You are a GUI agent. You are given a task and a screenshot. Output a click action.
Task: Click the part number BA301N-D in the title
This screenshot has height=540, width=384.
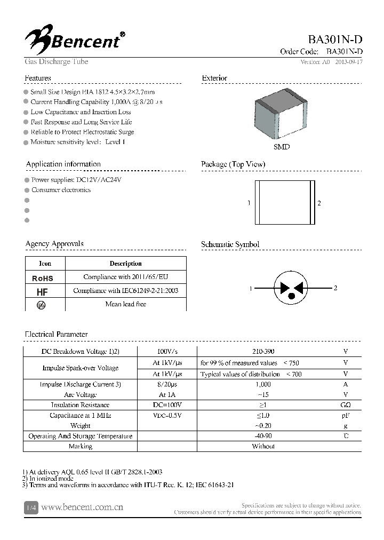click(x=335, y=40)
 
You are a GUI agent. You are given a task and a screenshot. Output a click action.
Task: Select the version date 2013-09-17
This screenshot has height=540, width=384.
click(x=349, y=62)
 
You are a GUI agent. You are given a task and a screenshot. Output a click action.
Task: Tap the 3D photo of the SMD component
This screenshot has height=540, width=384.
click(x=282, y=117)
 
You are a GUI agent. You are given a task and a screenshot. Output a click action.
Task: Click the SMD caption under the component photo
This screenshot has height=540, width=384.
click(x=282, y=147)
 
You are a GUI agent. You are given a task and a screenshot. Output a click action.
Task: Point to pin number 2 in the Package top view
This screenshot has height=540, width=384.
click(x=319, y=203)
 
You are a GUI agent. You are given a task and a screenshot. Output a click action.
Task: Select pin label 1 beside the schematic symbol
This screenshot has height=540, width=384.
click(x=250, y=289)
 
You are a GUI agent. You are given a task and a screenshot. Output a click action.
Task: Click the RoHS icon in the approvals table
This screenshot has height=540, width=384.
click(x=43, y=278)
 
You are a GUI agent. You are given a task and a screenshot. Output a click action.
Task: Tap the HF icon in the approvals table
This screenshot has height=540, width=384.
click(x=42, y=292)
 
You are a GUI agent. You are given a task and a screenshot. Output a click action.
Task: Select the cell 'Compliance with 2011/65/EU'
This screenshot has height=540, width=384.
click(x=125, y=277)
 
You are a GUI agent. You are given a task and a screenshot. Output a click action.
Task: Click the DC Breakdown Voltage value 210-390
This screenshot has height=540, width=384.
click(x=263, y=352)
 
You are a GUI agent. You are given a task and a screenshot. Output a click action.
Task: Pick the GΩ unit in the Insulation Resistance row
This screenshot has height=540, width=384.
click(x=346, y=405)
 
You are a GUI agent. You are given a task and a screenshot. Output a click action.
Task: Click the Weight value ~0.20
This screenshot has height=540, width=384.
click(x=263, y=426)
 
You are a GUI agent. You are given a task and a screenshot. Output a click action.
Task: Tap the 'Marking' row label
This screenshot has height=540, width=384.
click(x=81, y=446)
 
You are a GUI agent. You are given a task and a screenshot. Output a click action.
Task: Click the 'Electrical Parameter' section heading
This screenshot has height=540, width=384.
click(x=57, y=335)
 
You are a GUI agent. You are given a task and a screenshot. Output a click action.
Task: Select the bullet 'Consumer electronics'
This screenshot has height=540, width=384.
click(x=61, y=190)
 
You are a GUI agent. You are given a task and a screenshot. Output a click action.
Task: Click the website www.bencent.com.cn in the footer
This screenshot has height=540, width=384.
click(x=82, y=507)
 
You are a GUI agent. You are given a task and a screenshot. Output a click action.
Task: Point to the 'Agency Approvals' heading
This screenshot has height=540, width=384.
click(x=54, y=244)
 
